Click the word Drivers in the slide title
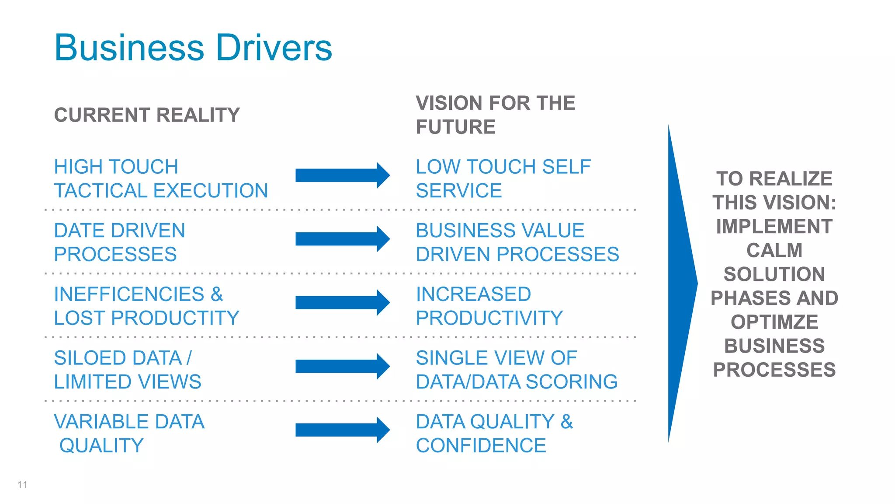274,48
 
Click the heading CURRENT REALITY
147,115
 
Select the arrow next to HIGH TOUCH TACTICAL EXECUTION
342,175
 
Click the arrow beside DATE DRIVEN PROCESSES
342,239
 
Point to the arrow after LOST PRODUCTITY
342,302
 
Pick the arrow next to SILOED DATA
342,366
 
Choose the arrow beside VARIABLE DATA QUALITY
342,430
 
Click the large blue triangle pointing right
680,283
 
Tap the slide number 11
22,485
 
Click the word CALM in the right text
774,251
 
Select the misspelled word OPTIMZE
774,322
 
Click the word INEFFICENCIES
129,294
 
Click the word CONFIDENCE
481,446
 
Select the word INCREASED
473,294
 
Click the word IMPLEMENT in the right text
774,227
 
